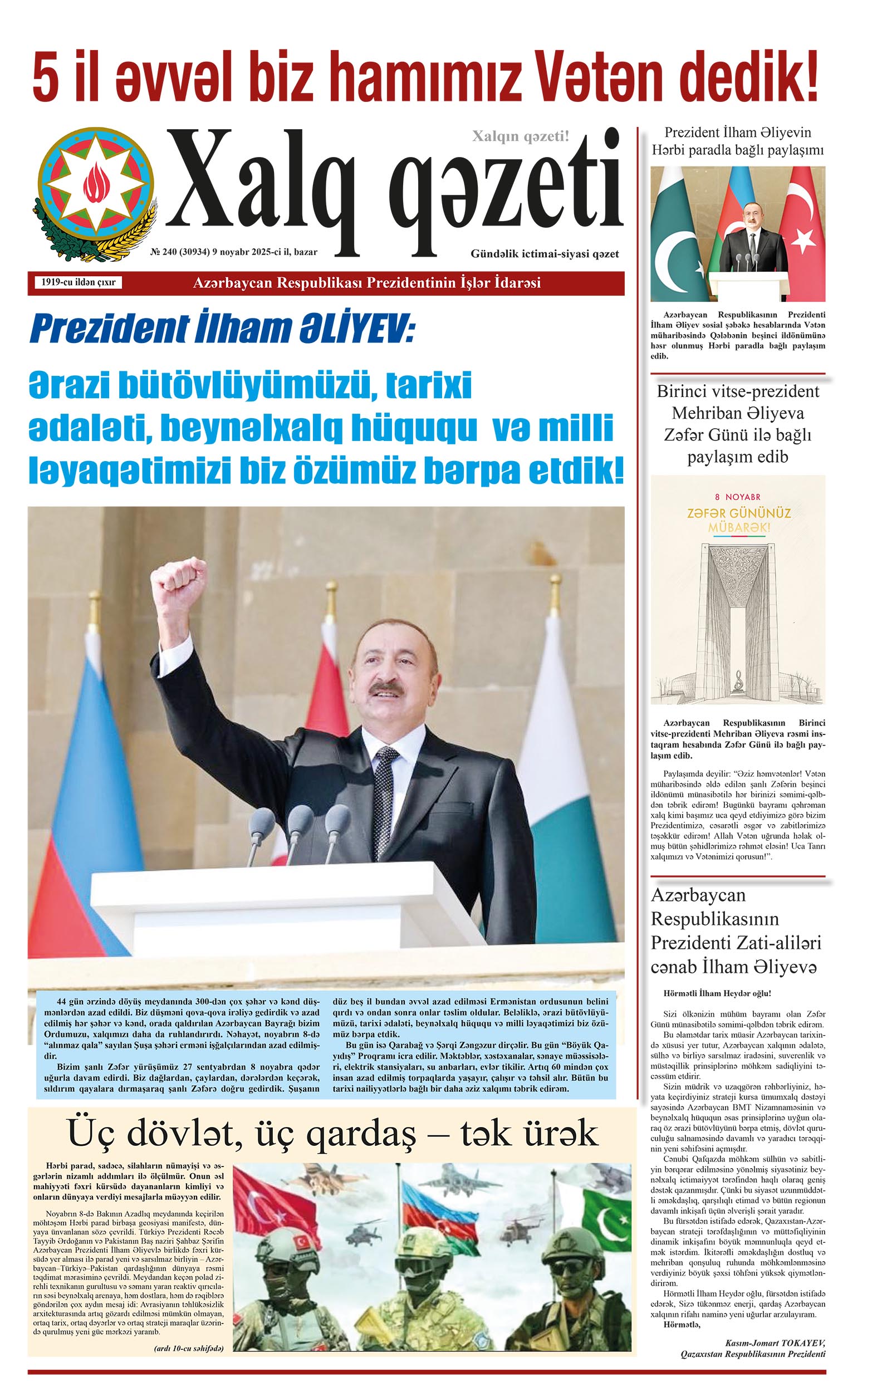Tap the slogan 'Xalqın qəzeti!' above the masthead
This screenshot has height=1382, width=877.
[520, 136]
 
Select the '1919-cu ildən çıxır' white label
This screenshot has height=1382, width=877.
[79, 282]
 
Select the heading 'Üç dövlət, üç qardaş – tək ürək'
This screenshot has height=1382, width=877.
[333, 1133]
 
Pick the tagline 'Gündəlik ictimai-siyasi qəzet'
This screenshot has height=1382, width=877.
[544, 254]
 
